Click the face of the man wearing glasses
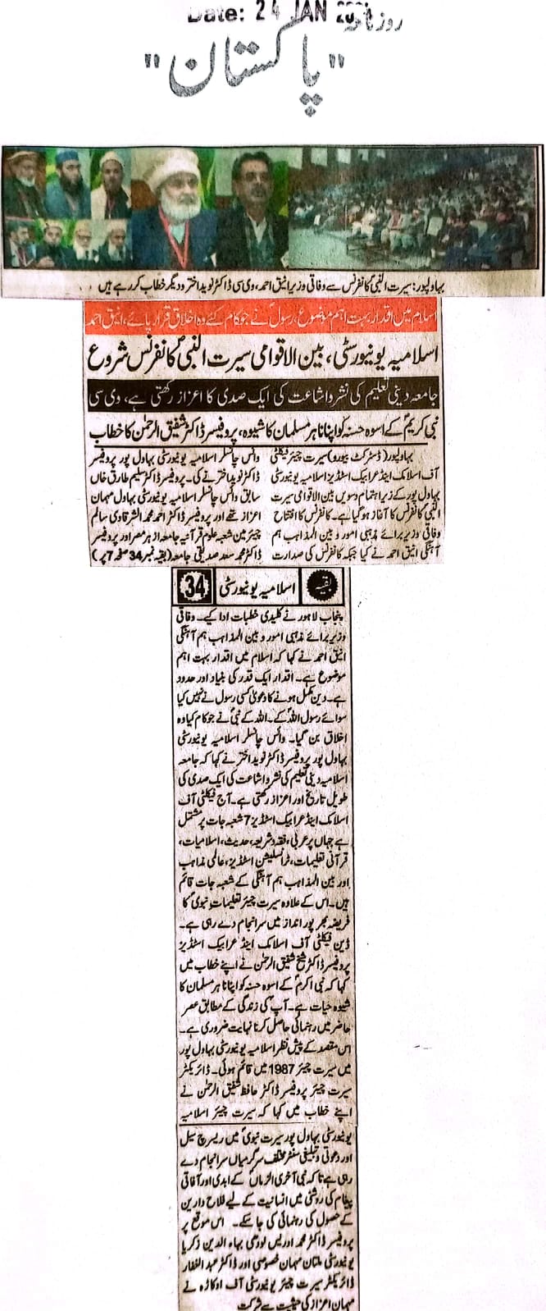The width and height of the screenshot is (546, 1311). [250, 183]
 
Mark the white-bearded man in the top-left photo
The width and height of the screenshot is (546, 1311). [23, 174]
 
